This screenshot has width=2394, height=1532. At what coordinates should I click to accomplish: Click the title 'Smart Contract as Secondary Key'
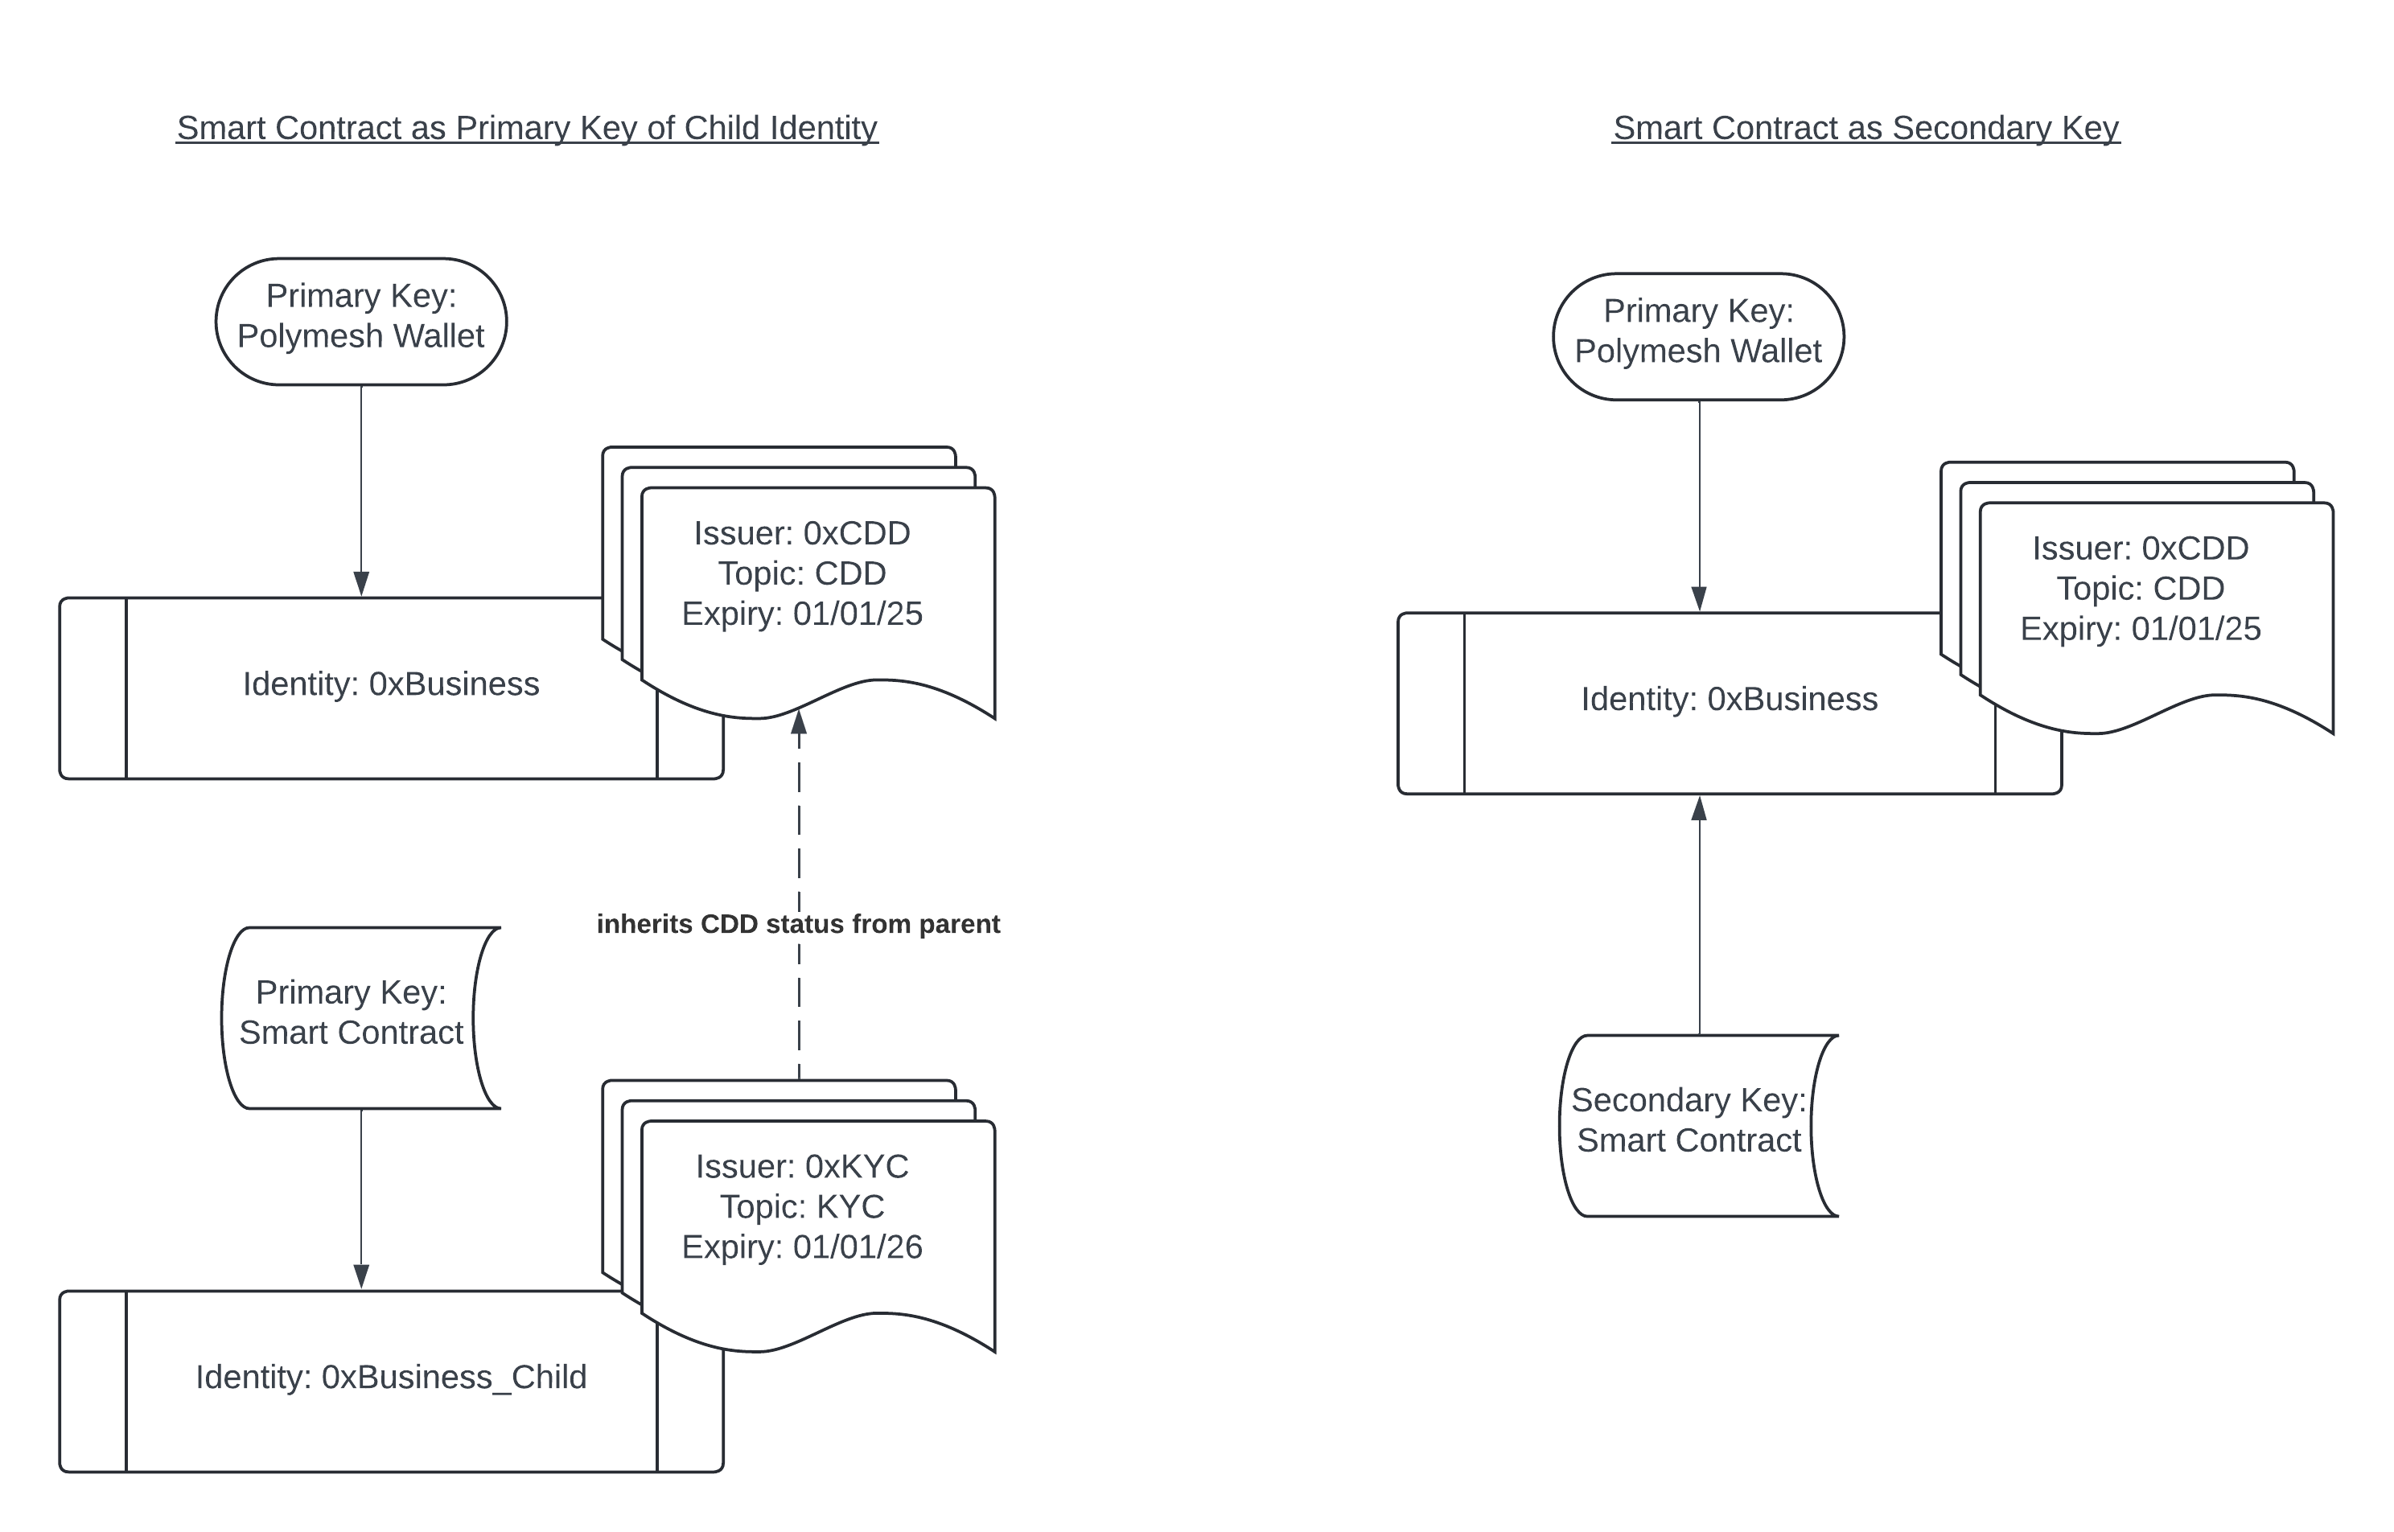coord(1865,129)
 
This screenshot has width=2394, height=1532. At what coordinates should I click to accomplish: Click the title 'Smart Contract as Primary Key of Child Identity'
coord(526,129)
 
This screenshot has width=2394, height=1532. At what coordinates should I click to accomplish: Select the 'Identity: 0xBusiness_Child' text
coord(391,1377)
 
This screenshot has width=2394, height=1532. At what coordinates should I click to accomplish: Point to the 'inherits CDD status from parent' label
coord(798,924)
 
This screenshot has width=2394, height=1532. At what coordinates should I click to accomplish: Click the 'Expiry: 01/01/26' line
coord(802,1247)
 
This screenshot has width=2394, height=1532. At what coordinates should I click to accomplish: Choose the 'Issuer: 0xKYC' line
coord(802,1166)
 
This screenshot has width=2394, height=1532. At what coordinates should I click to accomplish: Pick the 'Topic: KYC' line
coord(802,1206)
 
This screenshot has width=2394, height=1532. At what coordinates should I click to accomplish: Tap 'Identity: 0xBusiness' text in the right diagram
coord(1730,700)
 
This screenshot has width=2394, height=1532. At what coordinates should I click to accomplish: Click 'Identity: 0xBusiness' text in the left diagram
coord(391,684)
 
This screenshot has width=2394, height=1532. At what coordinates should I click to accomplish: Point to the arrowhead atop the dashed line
coord(799,723)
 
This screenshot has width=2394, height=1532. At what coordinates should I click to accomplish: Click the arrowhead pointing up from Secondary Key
coord(1700,807)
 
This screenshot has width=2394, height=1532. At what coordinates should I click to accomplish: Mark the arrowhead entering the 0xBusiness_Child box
coord(361,1276)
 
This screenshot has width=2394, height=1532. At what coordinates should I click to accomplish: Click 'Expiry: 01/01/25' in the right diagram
coord(2141,629)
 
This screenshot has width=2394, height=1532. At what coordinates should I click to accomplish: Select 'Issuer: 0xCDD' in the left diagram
coord(802,533)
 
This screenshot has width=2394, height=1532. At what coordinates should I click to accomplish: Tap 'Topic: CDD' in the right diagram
coord(2141,589)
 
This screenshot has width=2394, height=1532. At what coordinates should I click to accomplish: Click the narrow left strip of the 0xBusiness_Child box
coord(93,1381)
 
